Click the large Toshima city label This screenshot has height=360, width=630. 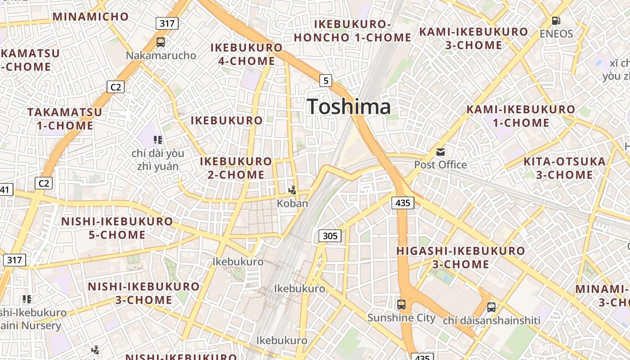tap(349, 107)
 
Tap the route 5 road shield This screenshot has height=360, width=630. tap(326, 81)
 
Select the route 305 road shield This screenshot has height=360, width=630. tap(330, 235)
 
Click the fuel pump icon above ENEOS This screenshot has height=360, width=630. tap(556, 21)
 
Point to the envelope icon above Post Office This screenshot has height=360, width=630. tap(440, 152)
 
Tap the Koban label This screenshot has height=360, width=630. tap(292, 203)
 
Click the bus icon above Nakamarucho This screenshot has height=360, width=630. tap(161, 42)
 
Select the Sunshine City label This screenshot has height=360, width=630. tap(401, 318)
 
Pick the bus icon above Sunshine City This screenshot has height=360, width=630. tap(401, 305)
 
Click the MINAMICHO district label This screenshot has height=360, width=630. tap(91, 17)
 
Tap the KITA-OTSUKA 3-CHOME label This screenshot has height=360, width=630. tap(564, 168)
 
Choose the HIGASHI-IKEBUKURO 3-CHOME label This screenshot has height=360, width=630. tap(461, 257)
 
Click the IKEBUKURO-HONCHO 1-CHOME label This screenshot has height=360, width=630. tap(353, 31)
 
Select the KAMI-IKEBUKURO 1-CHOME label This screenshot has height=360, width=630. tap(521, 116)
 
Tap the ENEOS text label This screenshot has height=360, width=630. tap(556, 34)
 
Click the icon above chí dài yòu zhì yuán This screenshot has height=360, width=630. tap(157, 140)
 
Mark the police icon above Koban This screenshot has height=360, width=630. tap(292, 190)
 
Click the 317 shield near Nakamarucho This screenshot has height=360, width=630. tap(167, 23)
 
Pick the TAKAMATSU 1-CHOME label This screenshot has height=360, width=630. tap(65, 119)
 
